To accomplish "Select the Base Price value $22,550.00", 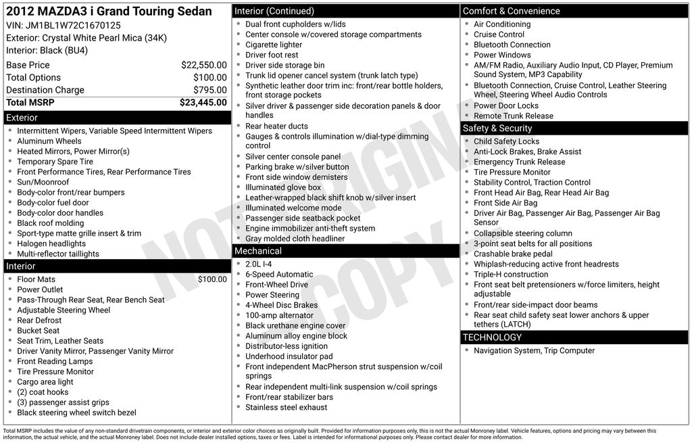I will click(203, 65).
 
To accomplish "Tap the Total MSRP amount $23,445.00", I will click(203, 102).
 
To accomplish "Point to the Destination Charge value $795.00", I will click(209, 90).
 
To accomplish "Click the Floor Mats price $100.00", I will click(212, 279).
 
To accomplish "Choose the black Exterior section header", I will click(116, 118).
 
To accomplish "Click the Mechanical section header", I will click(345, 251).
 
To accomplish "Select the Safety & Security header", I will click(574, 128).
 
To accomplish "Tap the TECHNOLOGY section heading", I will click(574, 337).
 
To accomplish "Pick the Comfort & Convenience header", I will click(574, 11).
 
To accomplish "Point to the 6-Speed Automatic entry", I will click(279, 275).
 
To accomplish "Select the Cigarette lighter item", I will click(274, 45).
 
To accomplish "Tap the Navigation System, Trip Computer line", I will click(534, 350).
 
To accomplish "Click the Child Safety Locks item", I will click(506, 141).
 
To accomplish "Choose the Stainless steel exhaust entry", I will click(286, 407).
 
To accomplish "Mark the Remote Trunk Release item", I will click(513, 116).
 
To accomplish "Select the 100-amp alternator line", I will click(279, 315).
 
